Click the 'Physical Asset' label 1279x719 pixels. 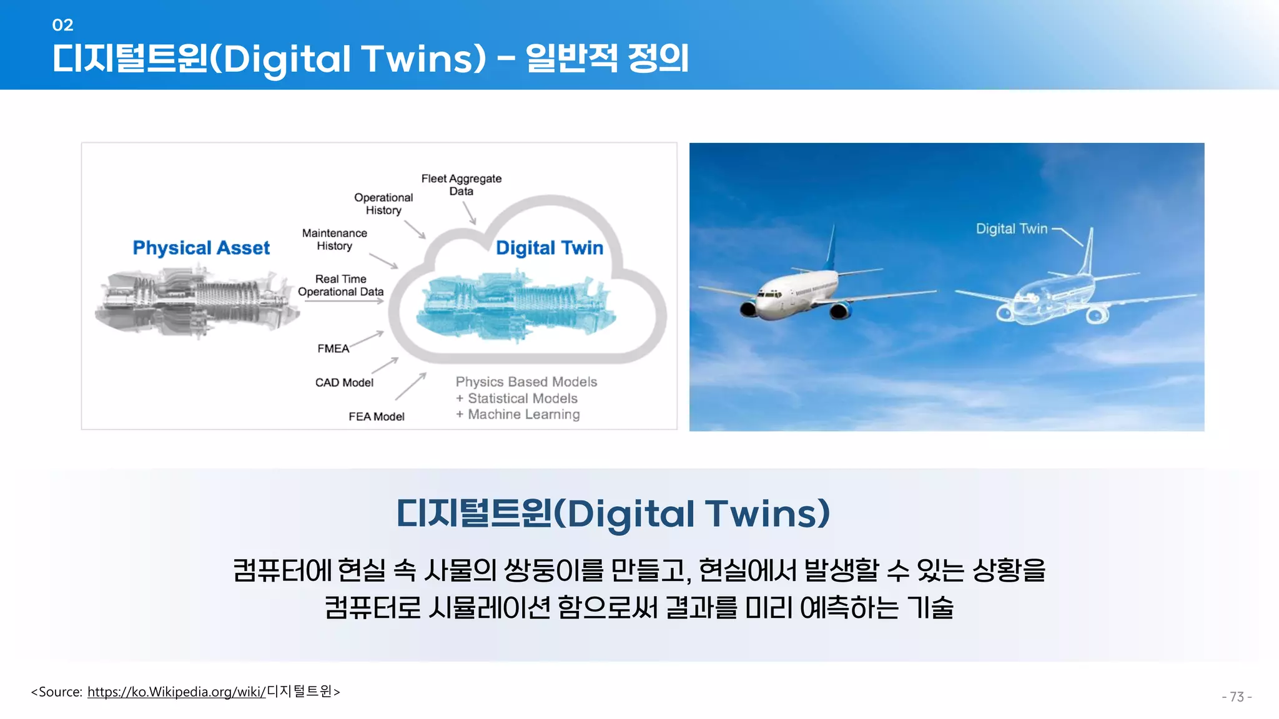coord(201,248)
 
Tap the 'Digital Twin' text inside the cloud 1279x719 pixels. coord(549,248)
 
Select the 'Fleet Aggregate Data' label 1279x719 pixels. coord(461,185)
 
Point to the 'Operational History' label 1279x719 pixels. coord(383,203)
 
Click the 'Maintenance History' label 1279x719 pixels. coord(335,239)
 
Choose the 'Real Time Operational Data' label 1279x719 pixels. coord(340,285)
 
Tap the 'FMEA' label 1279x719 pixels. coord(333,348)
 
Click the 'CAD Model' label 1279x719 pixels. coord(344,383)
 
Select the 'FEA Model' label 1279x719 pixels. coord(376,416)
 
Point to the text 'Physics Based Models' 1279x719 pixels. coord(526,381)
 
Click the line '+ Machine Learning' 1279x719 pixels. coord(518,414)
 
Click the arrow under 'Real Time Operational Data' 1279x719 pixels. coord(344,301)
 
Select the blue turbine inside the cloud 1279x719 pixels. coord(516,306)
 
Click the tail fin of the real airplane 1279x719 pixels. coord(831,250)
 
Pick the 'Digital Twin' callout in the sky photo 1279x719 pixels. coord(1011,228)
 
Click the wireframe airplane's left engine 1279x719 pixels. coord(1005,312)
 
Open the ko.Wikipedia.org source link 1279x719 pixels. coord(176,692)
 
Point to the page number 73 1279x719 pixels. coord(1237,697)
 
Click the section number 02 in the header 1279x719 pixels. coord(62,25)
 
